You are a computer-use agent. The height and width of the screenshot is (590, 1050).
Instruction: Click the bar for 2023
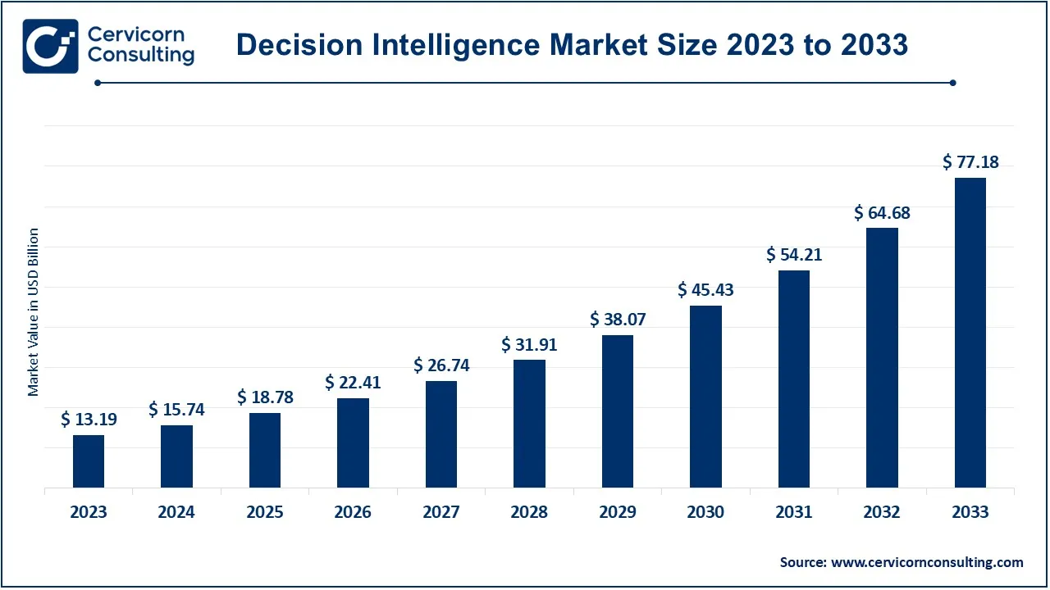pyautogui.click(x=89, y=461)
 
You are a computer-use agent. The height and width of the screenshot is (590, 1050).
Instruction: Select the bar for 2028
pyautogui.click(x=529, y=424)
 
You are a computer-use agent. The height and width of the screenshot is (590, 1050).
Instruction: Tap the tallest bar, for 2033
pyautogui.click(x=970, y=333)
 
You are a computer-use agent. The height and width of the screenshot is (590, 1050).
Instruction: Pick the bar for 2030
pyautogui.click(x=705, y=397)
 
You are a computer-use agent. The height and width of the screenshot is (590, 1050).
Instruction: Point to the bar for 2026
pyautogui.click(x=353, y=442)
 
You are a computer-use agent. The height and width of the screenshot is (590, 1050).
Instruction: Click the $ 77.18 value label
pyautogui.click(x=970, y=162)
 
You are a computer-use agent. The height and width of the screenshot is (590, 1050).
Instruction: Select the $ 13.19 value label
pyautogui.click(x=89, y=420)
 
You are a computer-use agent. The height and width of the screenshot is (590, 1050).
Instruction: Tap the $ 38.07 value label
pyautogui.click(x=618, y=320)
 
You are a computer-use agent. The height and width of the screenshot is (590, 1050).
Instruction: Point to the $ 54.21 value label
pyautogui.click(x=794, y=255)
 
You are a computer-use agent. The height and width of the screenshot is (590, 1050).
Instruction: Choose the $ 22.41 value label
pyautogui.click(x=353, y=383)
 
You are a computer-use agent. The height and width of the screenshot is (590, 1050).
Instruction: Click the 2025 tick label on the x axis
pyautogui.click(x=265, y=512)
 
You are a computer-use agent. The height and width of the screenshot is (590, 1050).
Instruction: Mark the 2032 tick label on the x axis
pyautogui.click(x=882, y=512)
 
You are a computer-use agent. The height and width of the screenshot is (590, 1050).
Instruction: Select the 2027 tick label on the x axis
pyautogui.click(x=441, y=512)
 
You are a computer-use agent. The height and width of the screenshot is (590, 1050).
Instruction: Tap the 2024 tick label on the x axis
pyautogui.click(x=176, y=512)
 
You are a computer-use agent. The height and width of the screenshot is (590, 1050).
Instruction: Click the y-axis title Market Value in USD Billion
pyautogui.click(x=34, y=312)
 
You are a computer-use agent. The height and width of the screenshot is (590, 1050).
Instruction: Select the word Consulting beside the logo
pyautogui.click(x=141, y=56)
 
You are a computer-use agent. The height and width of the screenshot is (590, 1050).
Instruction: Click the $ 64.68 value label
pyautogui.click(x=882, y=213)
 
